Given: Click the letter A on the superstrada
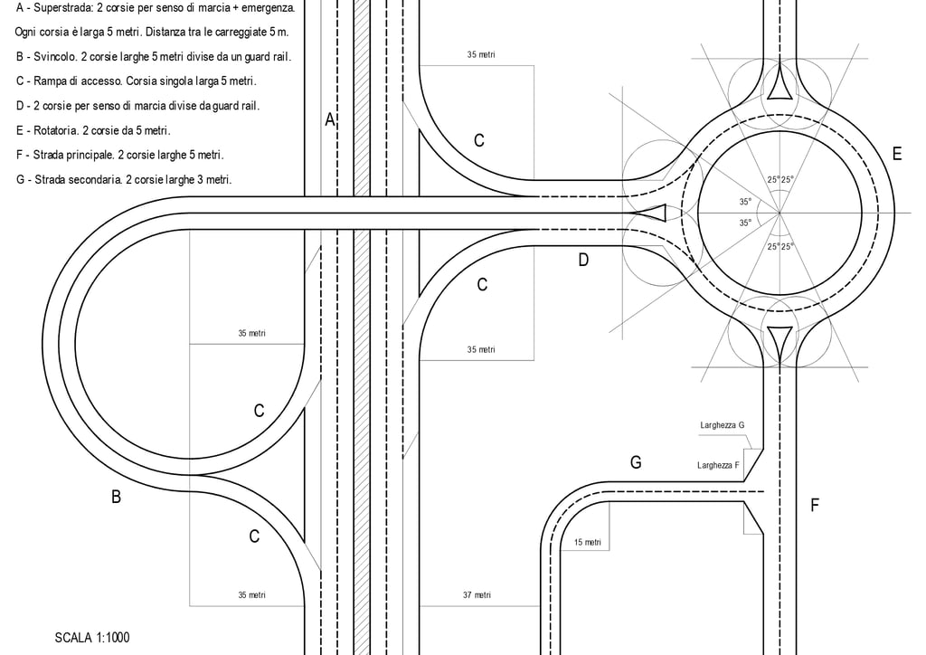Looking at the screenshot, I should tap(330, 119).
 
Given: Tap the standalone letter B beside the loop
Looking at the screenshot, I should tap(116, 497).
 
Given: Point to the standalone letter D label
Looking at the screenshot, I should tap(583, 261).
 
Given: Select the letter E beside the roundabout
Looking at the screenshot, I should tap(897, 155).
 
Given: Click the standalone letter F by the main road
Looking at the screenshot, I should tap(814, 506).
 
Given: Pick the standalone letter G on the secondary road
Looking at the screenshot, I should tap(636, 463).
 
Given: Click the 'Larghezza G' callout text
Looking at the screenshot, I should tap(722, 424).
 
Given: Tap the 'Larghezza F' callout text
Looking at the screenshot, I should tap(718, 465).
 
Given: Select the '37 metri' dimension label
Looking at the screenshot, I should tap(476, 595).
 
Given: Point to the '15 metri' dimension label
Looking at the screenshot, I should tap(587, 543).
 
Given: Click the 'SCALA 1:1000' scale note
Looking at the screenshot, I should tap(92, 638).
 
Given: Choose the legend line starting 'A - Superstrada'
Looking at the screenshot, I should tap(155, 8).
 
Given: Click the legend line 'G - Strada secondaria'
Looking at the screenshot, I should tap(123, 180).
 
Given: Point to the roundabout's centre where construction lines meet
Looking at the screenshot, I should tap(780, 213).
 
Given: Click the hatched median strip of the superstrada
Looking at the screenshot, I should tap(362, 362).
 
